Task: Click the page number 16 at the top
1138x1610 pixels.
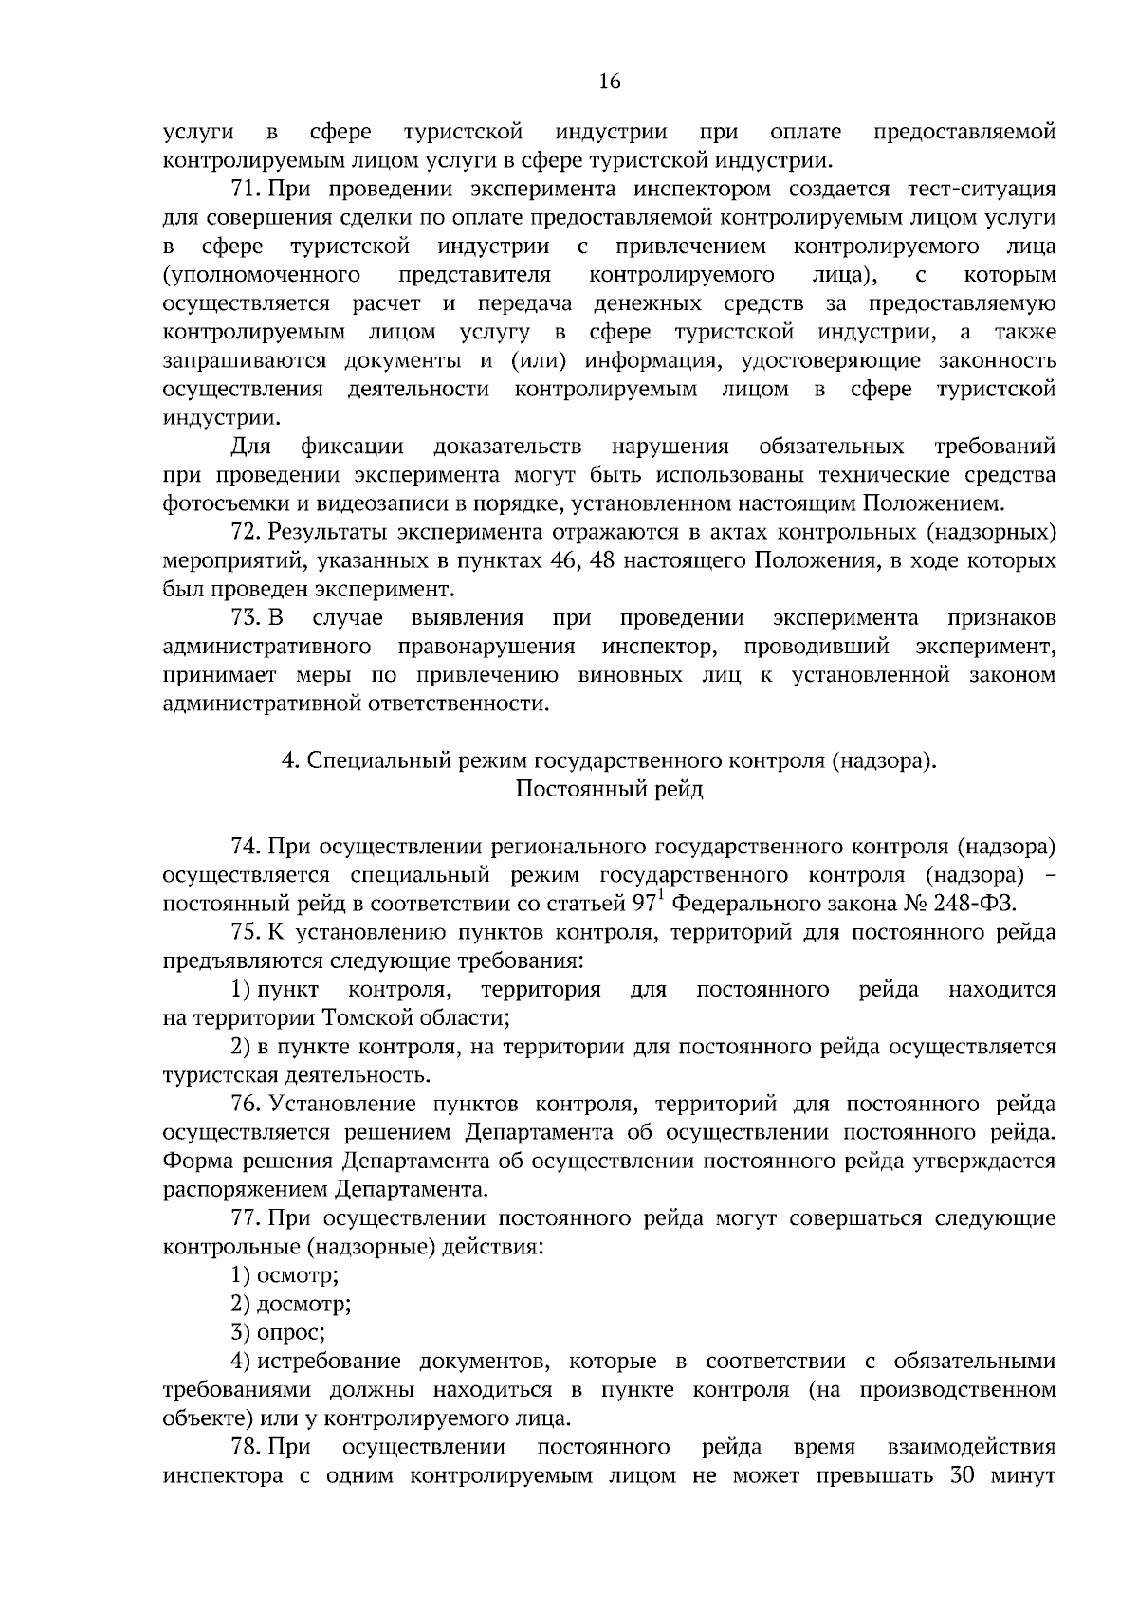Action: pos(609,82)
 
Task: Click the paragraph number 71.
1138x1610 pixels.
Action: pos(245,189)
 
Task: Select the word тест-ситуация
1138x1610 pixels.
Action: pos(980,189)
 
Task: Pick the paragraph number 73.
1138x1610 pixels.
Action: pos(245,618)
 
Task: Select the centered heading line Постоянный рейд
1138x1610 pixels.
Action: pos(609,789)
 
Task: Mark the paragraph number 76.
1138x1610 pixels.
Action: pos(245,1104)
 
